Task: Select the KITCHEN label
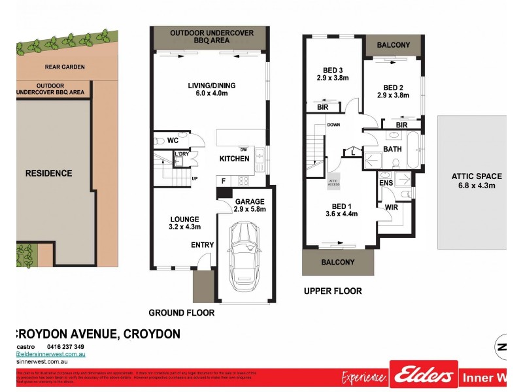(234, 159)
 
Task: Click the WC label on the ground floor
(173, 140)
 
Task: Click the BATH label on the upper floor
(392, 149)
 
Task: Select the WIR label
(392, 208)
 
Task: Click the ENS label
(386, 183)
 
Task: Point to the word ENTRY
(203, 245)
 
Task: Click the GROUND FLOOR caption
(182, 313)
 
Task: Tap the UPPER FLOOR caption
(333, 291)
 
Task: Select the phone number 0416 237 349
(66, 347)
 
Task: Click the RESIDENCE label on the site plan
(48, 173)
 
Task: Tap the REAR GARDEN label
(65, 67)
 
